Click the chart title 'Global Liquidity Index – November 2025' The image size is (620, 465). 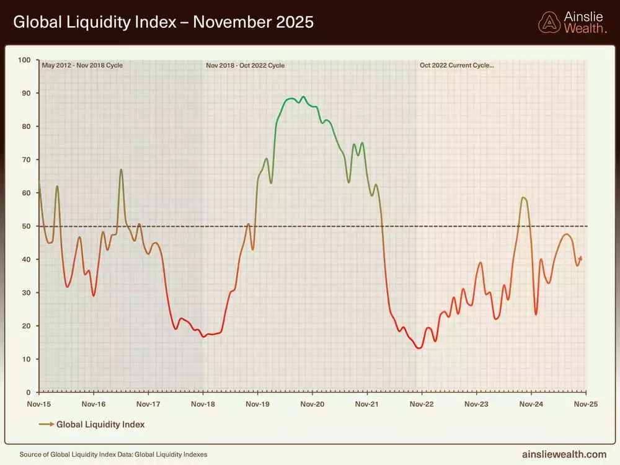tap(163, 22)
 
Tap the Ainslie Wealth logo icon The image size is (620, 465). tap(549, 22)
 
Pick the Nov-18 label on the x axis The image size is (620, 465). tap(203, 404)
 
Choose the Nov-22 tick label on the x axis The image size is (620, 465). tap(422, 404)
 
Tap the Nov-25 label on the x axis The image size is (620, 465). tap(585, 404)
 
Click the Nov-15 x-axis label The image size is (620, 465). tap(39, 404)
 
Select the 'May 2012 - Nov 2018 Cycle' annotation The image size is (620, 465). tap(82, 64)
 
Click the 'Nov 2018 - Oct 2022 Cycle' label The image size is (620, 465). tap(245, 64)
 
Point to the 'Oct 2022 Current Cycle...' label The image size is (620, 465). tap(457, 64)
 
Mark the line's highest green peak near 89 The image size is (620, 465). tap(303, 97)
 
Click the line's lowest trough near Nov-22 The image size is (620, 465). tap(419, 348)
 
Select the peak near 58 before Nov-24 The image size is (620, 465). tap(524, 198)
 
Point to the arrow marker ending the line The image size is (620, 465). tap(580, 258)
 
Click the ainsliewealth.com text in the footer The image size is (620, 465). tap(564, 454)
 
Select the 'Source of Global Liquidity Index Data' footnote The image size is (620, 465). tap(113, 454)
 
